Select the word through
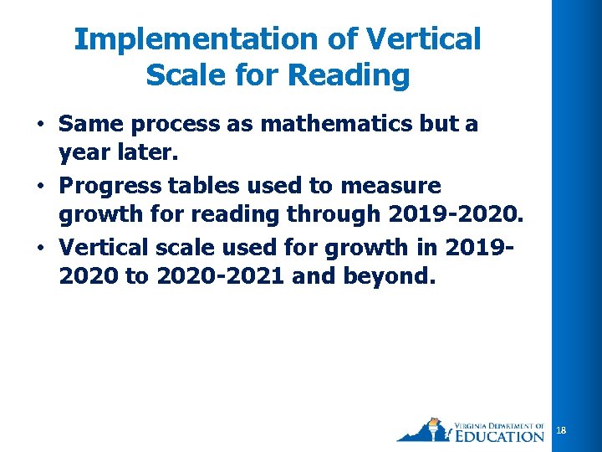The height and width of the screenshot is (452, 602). (334, 213)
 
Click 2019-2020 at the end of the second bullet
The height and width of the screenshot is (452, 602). (455, 213)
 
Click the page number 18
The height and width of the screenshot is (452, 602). (561, 430)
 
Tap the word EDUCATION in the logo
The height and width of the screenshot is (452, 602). (501, 435)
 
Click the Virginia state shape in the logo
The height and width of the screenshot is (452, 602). (423, 432)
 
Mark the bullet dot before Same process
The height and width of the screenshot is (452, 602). (39, 126)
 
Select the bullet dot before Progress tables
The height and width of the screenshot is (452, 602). (39, 185)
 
